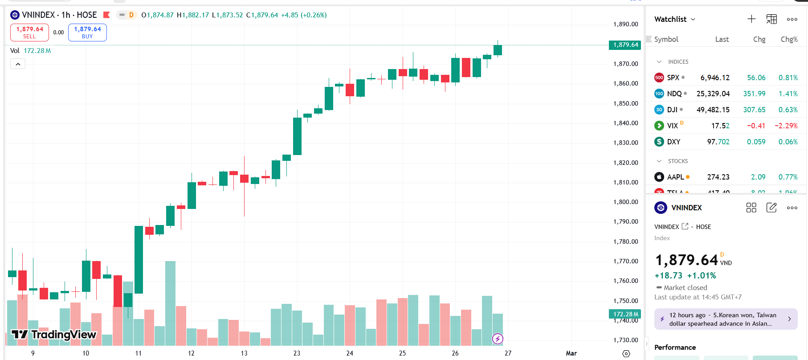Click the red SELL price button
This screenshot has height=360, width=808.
(x=29, y=33)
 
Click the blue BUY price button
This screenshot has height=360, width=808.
(x=87, y=33)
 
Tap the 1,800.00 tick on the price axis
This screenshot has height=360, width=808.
(x=625, y=202)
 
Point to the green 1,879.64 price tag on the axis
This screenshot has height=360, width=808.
(x=625, y=45)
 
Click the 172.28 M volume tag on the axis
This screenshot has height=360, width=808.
(x=625, y=314)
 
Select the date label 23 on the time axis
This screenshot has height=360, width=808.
(x=297, y=353)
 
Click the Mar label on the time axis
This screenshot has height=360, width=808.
(x=571, y=353)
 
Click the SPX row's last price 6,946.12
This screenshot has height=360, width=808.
(x=714, y=78)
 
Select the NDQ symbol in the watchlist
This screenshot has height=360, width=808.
(x=674, y=94)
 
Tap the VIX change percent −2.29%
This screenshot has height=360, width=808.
(x=786, y=126)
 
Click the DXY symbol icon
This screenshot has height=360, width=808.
(x=659, y=142)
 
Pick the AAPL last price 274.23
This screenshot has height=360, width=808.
(x=718, y=177)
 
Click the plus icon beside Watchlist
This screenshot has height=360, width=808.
(x=751, y=19)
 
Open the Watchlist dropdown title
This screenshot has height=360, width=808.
(x=674, y=19)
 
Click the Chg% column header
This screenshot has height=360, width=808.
(x=789, y=39)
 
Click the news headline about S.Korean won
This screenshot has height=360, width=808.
(x=722, y=319)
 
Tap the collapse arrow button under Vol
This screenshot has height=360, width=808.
(x=18, y=64)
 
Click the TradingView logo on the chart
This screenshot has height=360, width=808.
(x=53, y=334)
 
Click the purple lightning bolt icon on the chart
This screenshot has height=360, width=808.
(x=498, y=339)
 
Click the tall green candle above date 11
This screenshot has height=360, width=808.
(x=139, y=259)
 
